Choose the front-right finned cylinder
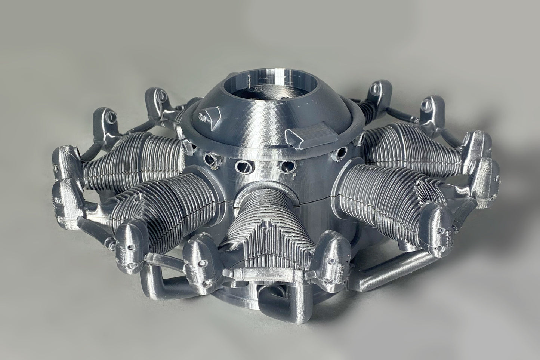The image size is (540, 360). click(x=377, y=194)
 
